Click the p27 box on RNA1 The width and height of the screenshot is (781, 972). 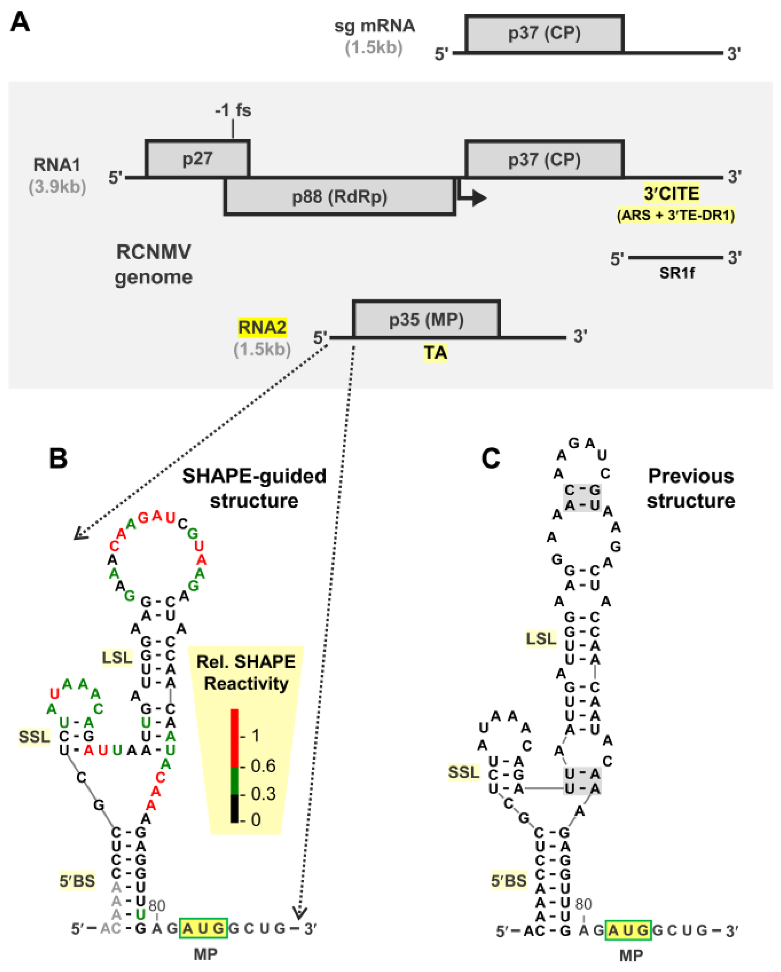[198, 159]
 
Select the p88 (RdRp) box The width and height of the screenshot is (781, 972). [339, 197]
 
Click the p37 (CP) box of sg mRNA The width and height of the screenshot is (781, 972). [544, 34]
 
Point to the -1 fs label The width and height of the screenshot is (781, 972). [233, 111]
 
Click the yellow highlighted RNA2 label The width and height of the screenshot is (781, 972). [262, 327]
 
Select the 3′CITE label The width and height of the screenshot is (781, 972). [671, 194]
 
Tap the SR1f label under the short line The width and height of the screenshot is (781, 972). [677, 273]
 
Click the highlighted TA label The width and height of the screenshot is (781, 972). [435, 353]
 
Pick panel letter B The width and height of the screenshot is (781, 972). [58, 459]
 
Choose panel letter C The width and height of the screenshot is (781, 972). [491, 459]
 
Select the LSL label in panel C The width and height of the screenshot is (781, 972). [541, 639]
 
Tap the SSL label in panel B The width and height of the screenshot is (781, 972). [34, 737]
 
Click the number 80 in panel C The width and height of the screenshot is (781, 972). [583, 903]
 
